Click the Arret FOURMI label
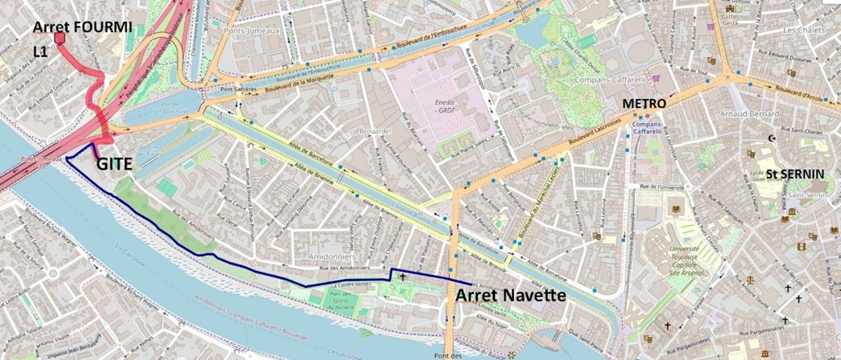(83, 27)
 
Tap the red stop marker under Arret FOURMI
(60, 37)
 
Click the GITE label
(115, 163)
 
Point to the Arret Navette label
(510, 295)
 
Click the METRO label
(644, 103)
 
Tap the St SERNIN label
(795, 174)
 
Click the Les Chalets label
(804, 30)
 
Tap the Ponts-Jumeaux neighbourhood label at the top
(251, 31)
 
